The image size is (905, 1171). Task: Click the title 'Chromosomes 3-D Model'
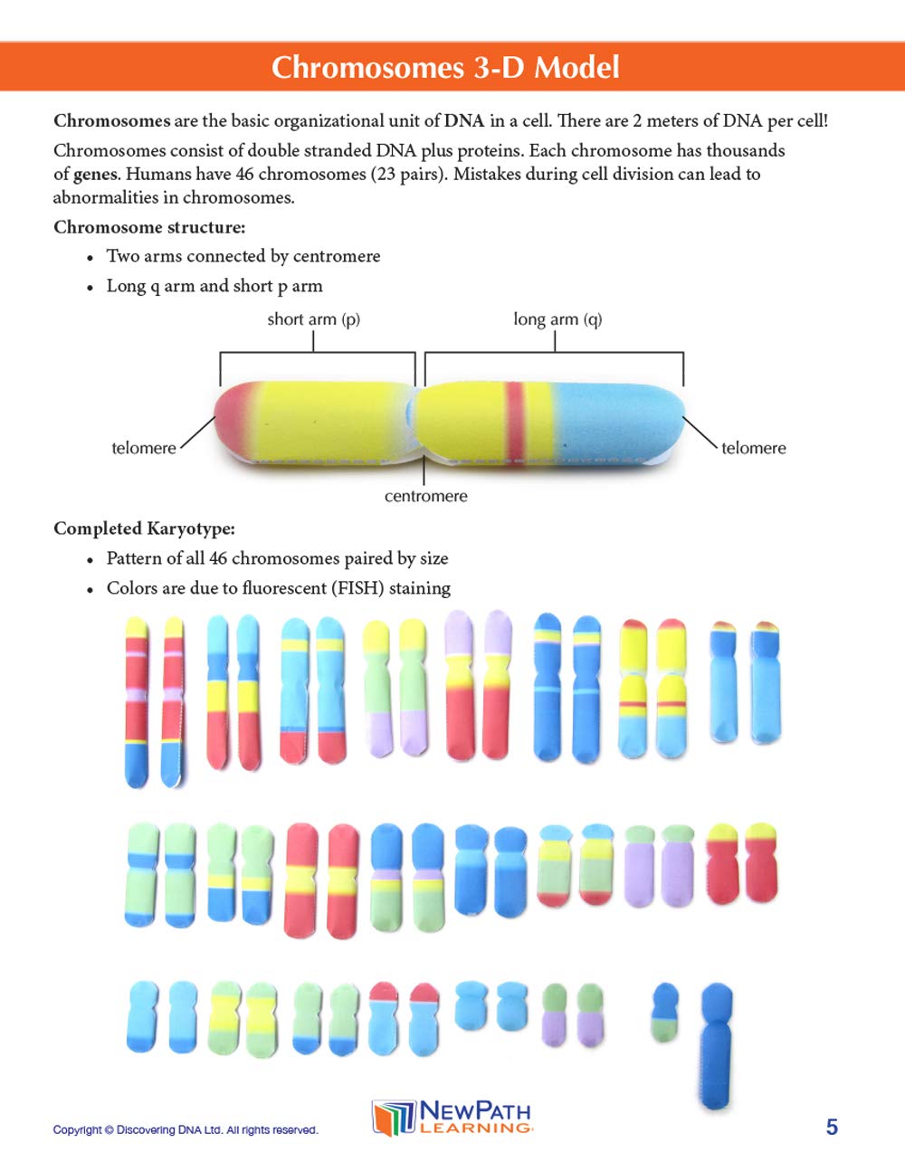coord(445,67)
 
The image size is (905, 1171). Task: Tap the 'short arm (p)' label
coord(313,319)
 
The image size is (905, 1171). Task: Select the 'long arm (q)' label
coord(557,319)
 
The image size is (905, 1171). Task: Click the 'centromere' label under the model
coord(425,496)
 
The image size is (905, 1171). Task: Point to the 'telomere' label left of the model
coord(143,448)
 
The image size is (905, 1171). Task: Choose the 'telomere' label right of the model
coord(753,448)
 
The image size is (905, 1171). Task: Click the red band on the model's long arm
coord(515,421)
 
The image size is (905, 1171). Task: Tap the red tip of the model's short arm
coord(229,421)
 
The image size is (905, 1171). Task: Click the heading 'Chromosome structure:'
coord(149,227)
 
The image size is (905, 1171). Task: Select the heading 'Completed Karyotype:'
coord(144,528)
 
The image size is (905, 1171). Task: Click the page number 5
coord(832,1127)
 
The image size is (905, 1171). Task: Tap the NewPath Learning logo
coord(452,1118)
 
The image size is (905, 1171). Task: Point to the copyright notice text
coord(186,1129)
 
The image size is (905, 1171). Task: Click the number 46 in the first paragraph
coord(243,174)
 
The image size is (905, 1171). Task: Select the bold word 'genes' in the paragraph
coord(95,174)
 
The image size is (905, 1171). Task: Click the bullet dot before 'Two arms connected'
coord(90,258)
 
